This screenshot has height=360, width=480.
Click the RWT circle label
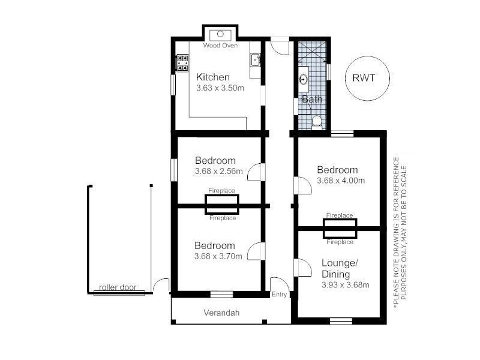click(364, 78)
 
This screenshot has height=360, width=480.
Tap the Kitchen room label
click(213, 77)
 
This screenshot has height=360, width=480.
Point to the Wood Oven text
click(220, 46)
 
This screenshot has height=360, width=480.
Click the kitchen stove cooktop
click(182, 63)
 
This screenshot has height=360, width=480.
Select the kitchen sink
click(256, 59)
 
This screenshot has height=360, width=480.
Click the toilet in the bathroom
click(317, 122)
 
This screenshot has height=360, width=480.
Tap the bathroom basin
click(304, 79)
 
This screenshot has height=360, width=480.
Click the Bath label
click(312, 99)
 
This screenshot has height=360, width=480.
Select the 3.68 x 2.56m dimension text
click(219, 171)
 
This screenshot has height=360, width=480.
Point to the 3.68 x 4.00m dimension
click(341, 181)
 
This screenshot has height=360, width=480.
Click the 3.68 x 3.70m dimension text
click(218, 256)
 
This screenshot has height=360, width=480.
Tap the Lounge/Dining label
click(340, 268)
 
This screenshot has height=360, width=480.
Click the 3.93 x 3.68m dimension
click(346, 285)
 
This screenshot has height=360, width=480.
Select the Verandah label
click(221, 313)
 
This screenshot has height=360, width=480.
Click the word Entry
click(279, 294)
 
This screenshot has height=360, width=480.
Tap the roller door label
click(118, 287)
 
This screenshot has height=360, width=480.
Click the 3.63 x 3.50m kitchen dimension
click(220, 88)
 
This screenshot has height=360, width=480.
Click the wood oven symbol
click(220, 35)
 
